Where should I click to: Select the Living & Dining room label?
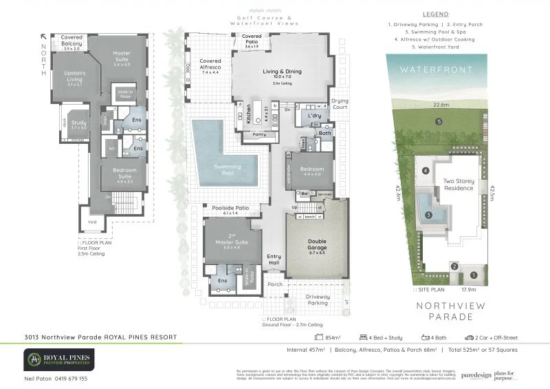pos(282,72)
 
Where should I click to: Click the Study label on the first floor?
pos(79,124)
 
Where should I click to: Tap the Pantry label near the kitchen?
pos(259,134)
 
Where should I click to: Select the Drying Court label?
pos(340,104)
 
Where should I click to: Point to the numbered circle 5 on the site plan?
pos(439,122)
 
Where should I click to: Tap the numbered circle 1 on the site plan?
pos(472,275)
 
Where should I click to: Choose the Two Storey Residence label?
pos(458,185)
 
